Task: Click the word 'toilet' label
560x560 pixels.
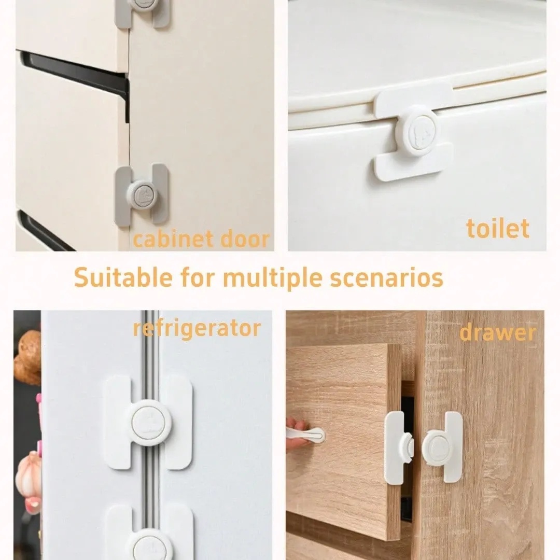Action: pyautogui.click(x=497, y=229)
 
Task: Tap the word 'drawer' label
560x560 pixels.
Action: pyautogui.click(x=497, y=333)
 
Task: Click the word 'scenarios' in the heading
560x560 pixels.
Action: pyautogui.click(x=386, y=277)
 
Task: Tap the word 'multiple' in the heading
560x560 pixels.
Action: pyautogui.click(x=272, y=278)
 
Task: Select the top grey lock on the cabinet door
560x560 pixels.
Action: pyautogui.click(x=142, y=12)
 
